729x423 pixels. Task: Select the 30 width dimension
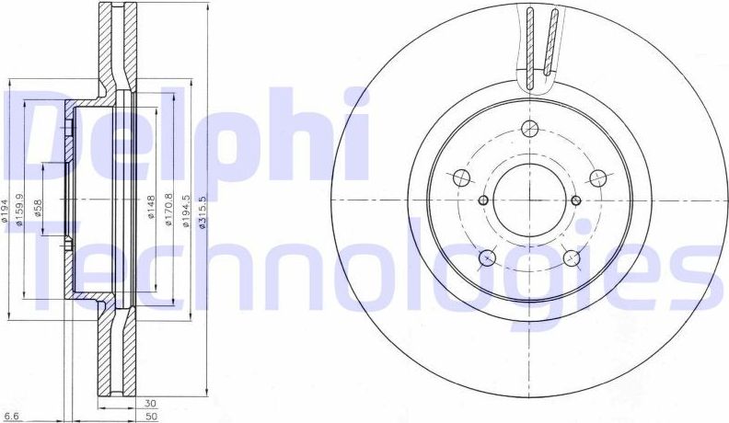[x=150, y=403]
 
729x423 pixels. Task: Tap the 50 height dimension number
[x=150, y=416]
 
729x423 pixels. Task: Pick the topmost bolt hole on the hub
[x=529, y=130]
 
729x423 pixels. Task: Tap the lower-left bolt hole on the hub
[x=488, y=257]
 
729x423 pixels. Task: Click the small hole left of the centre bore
[x=483, y=200]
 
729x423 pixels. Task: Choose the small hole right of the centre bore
[x=576, y=200]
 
